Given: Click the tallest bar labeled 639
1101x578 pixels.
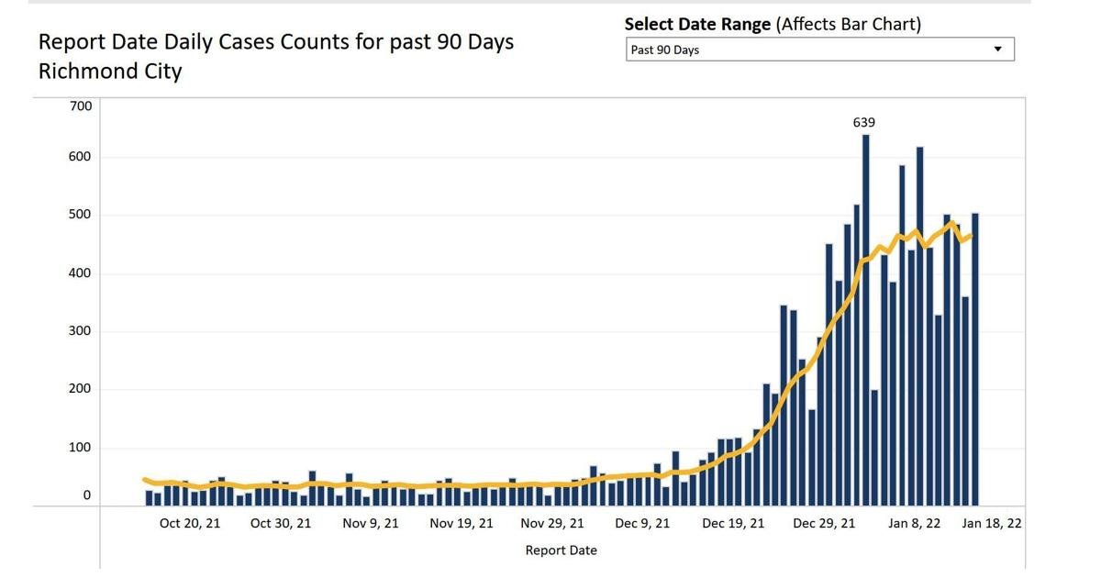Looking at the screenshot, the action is [x=865, y=320].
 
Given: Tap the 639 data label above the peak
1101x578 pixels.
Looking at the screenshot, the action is [x=863, y=122].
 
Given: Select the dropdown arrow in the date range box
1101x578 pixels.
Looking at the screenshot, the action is [x=998, y=50].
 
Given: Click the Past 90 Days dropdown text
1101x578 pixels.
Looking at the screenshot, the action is [x=664, y=50].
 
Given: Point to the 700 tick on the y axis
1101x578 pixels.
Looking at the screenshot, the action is [x=81, y=106].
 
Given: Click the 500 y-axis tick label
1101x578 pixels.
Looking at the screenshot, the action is [x=80, y=215].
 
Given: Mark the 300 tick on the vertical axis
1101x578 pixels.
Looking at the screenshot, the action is [x=80, y=331].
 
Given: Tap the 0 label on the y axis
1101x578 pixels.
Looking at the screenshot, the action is [x=87, y=495].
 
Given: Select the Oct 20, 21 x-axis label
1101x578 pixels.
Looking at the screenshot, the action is [x=190, y=524].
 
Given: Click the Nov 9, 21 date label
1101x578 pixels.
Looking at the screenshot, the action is [x=371, y=524].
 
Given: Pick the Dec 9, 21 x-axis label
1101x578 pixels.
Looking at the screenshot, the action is [x=642, y=524].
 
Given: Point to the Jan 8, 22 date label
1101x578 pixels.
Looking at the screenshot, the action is [x=914, y=524].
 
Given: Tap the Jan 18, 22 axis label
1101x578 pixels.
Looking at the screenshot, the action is [x=992, y=524].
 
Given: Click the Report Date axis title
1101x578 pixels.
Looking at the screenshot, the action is [x=561, y=550].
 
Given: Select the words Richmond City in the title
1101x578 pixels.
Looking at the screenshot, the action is [x=110, y=72].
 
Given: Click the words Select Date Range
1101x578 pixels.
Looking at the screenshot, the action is [x=697, y=24].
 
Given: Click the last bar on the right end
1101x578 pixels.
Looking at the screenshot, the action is [x=975, y=360].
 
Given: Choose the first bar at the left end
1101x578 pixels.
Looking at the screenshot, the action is [x=149, y=498].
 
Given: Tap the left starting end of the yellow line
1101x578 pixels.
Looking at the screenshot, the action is [x=145, y=480].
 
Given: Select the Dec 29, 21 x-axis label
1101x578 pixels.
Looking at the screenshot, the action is [x=824, y=524].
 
